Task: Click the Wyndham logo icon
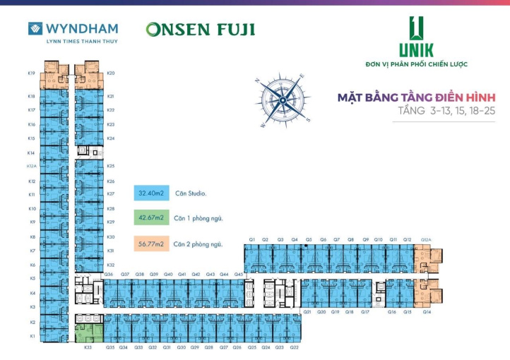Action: tap(35, 29)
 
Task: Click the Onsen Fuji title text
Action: tap(200, 30)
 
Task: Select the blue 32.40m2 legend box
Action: tap(150, 193)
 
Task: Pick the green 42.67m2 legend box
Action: tap(150, 218)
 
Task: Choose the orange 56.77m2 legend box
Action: tap(150, 244)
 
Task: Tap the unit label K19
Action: tap(32, 73)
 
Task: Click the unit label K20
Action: tap(111, 73)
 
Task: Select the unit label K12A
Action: tap(31, 167)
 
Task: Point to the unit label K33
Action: tap(88, 347)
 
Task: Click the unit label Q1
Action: tap(251, 240)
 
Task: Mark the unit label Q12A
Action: tap(426, 240)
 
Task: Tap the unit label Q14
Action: tap(427, 311)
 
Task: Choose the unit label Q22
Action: tap(294, 347)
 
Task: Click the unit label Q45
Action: tap(239, 274)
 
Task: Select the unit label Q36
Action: tap(109, 274)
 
